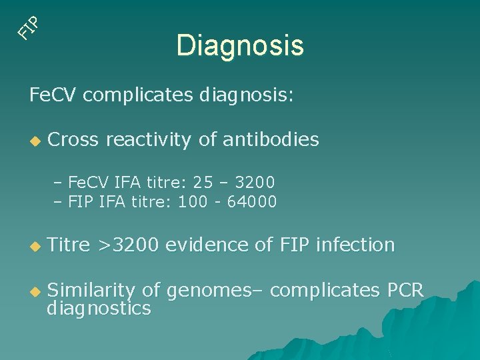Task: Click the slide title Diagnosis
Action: click(x=240, y=45)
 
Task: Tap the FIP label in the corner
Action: click(x=30, y=25)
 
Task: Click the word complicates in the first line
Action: click(x=139, y=95)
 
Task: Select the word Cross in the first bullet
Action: click(x=73, y=139)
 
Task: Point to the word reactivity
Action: click(x=152, y=140)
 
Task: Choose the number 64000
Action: click(x=252, y=201)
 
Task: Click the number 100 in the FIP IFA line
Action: click(x=191, y=201)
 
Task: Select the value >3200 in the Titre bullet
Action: click(x=129, y=245)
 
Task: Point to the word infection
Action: click(x=355, y=245)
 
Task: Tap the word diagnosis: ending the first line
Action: click(x=246, y=95)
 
